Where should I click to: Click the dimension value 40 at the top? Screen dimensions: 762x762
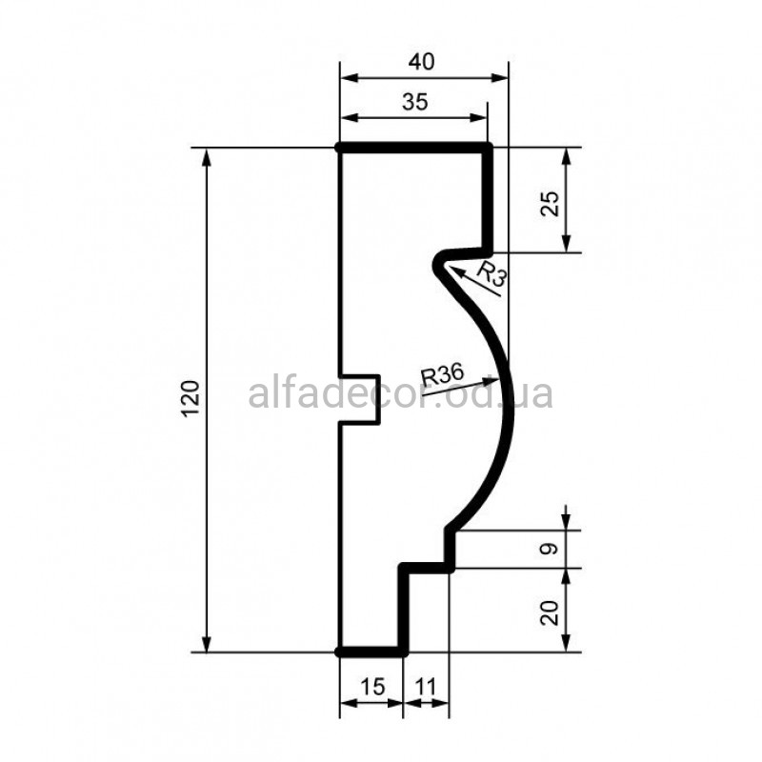[x=421, y=62]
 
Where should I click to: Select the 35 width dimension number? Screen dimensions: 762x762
[x=415, y=102]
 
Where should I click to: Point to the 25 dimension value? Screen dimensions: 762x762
[x=550, y=204]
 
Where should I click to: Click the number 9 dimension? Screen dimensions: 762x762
[x=550, y=550]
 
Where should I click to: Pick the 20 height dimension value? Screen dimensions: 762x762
[x=550, y=612]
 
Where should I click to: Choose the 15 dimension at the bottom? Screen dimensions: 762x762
[x=372, y=687]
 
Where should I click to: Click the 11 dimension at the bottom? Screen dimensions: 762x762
[x=426, y=687]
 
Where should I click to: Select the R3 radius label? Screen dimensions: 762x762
[x=491, y=274]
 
